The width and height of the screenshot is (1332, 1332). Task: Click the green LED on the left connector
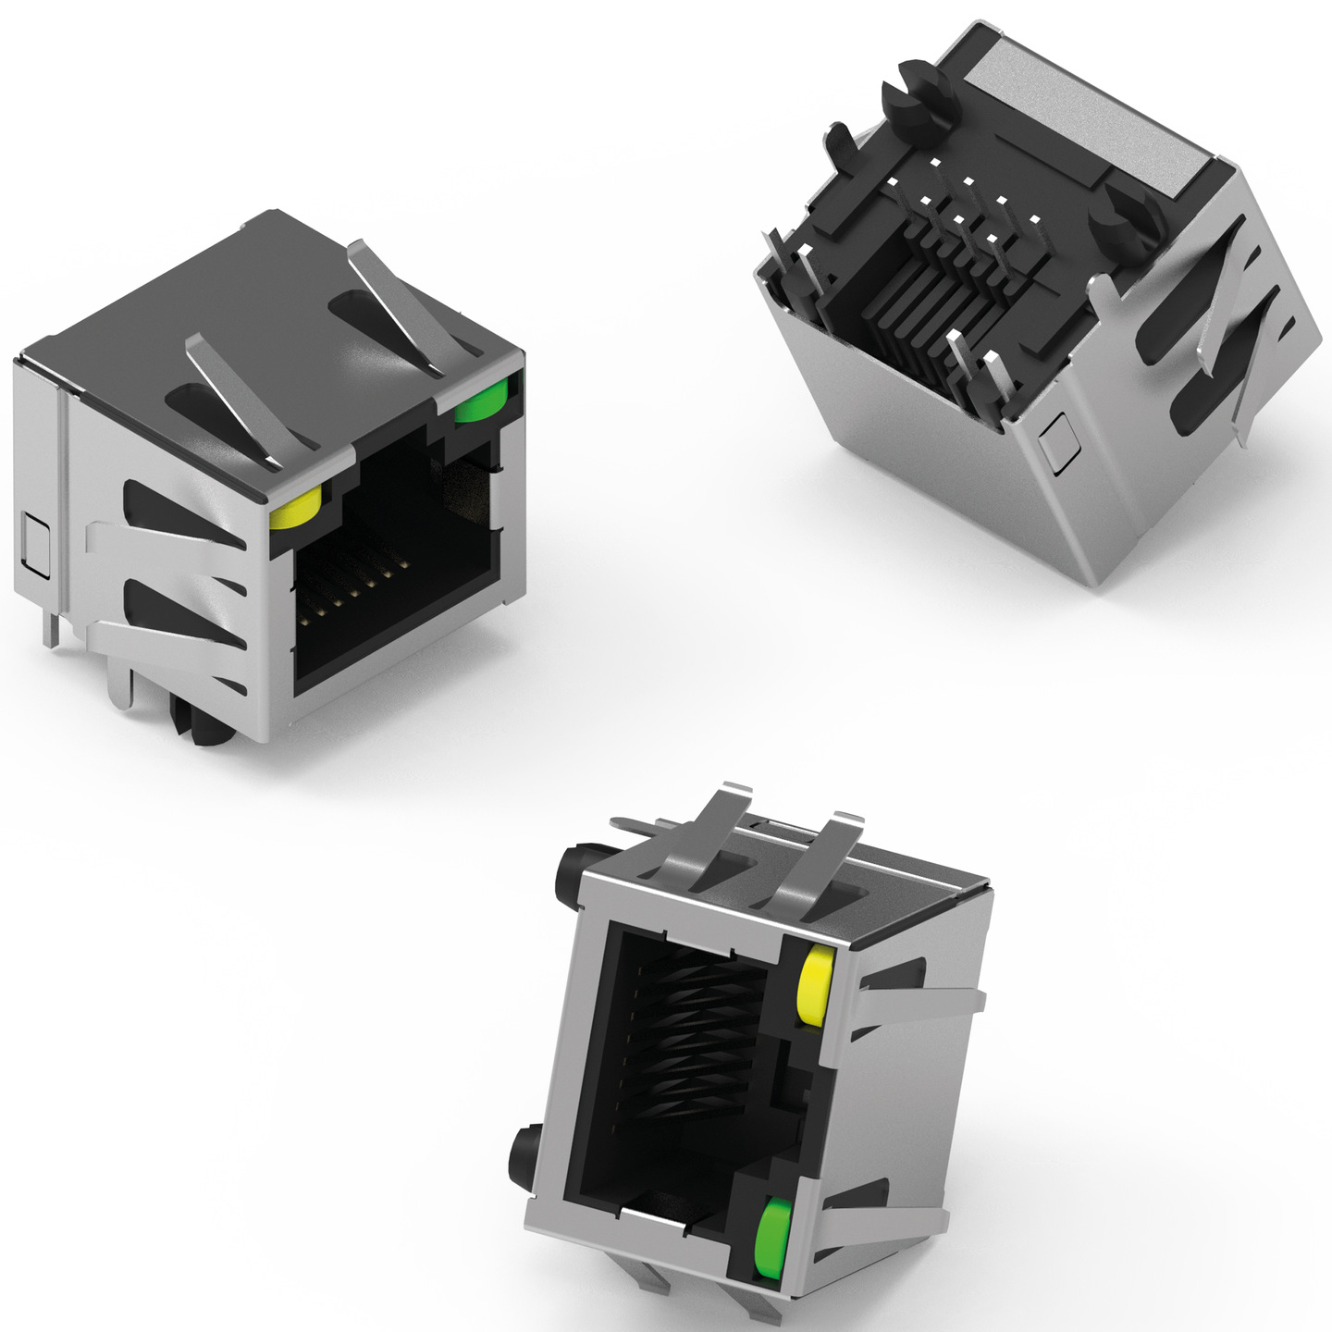(481, 401)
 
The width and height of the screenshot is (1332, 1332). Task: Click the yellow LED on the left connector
(295, 510)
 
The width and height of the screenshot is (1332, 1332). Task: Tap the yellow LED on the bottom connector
(813, 987)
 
